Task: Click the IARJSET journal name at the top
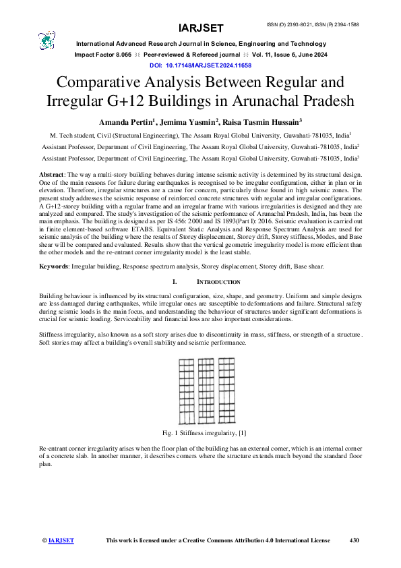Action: pos(201,28)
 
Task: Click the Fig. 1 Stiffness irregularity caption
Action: pos(201,431)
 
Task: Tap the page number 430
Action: pos(355,540)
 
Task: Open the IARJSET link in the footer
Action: pos(61,540)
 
